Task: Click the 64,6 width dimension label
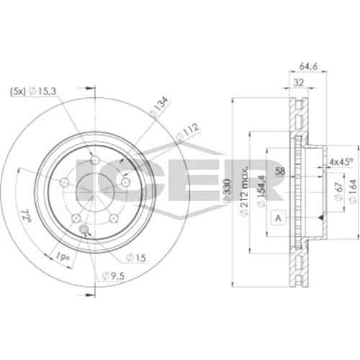308,66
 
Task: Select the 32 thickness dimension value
299,83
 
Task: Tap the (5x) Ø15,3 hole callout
33,91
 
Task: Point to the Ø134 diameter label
158,107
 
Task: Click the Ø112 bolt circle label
187,132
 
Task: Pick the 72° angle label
26,216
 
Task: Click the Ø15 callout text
136,258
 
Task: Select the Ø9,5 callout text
113,276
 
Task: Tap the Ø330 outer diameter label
227,192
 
